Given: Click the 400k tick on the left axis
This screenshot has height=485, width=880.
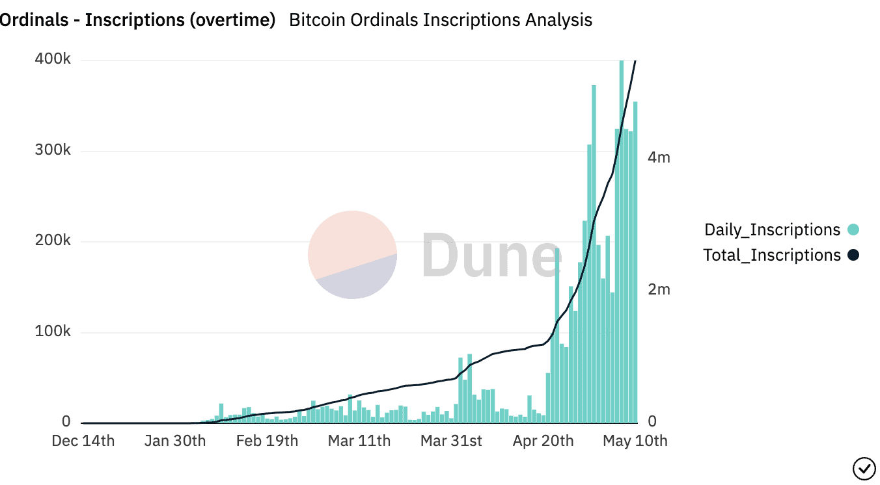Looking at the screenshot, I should [53, 60].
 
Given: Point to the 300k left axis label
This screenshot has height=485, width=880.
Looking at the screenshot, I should [53, 151].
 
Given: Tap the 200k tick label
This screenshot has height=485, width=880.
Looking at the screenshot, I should [53, 241].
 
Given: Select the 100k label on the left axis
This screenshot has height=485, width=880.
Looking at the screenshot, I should [53, 332].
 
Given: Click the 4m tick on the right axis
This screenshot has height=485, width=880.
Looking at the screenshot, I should [659, 158].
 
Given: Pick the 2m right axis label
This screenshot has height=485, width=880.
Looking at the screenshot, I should [659, 290].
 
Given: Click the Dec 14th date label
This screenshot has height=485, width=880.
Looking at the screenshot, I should [83, 441].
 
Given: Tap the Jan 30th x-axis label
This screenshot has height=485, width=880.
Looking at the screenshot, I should [174, 441].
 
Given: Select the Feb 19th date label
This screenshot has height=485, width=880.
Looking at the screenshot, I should [267, 441].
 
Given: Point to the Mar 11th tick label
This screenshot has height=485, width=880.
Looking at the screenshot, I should [359, 441].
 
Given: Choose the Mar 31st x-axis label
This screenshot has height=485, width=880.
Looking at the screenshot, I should [451, 441].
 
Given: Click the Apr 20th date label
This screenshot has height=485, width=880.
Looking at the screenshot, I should [543, 441].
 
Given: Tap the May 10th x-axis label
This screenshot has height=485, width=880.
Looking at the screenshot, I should [635, 441].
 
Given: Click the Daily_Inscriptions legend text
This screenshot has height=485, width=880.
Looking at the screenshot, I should [773, 229].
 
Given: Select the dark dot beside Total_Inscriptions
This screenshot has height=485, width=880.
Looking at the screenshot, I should [853, 256].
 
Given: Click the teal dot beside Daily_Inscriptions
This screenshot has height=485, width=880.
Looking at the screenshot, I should [853, 229].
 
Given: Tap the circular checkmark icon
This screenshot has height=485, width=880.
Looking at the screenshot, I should [864, 467].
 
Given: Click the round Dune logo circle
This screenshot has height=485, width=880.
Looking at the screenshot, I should [352, 255].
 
